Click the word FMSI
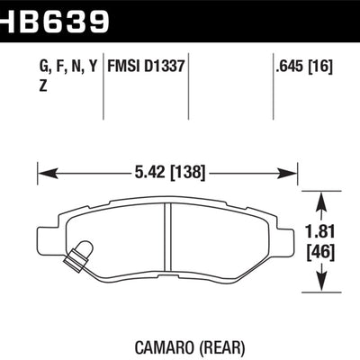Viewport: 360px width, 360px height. tap(124, 66)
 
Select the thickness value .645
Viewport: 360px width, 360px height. tap(290, 66)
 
